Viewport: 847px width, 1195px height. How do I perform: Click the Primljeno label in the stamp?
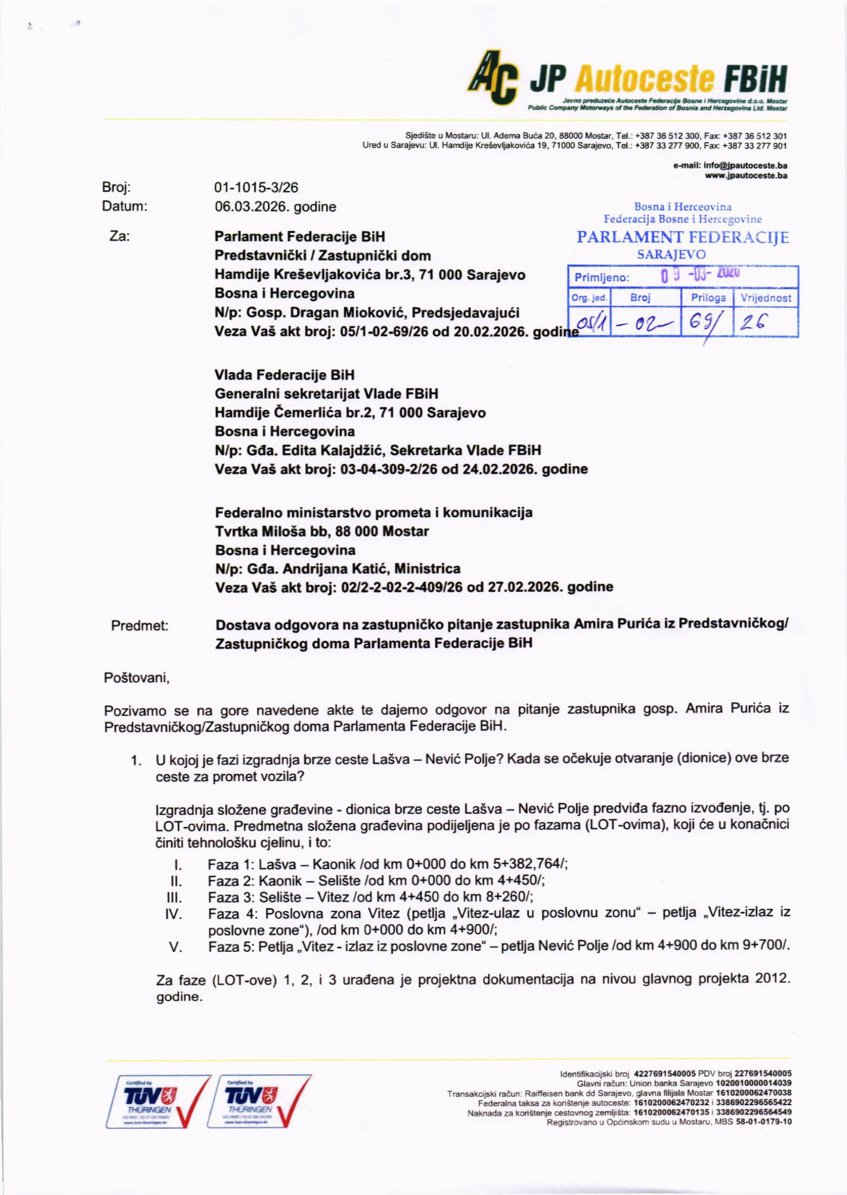tap(602, 278)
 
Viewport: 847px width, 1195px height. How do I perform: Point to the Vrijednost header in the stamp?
tap(766, 298)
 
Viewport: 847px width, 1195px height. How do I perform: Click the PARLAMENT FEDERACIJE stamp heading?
tap(682, 238)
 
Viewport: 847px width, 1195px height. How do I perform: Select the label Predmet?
tap(140, 626)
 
